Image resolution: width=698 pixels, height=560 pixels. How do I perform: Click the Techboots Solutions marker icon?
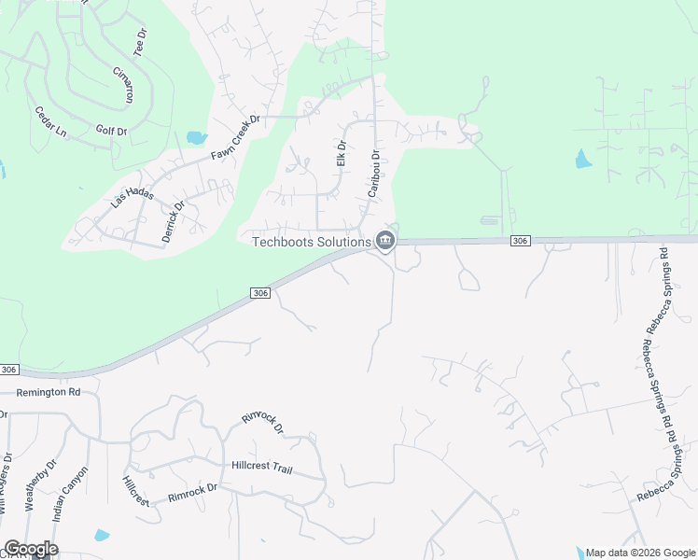[x=384, y=242]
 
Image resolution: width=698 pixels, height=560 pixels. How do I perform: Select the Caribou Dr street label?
[x=373, y=173]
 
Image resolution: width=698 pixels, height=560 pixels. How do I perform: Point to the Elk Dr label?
[x=341, y=154]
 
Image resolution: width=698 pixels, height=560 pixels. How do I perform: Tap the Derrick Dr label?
[x=174, y=220]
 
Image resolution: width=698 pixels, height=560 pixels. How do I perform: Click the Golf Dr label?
[x=111, y=131]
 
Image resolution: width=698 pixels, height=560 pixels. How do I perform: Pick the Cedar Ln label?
[x=50, y=122]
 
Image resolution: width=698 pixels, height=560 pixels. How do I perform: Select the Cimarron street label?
[x=122, y=84]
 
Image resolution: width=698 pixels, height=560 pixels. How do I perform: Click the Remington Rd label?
[x=49, y=392]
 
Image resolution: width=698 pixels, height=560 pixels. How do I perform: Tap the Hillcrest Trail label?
[x=269, y=465]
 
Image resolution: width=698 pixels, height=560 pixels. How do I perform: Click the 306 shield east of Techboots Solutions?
[x=521, y=241]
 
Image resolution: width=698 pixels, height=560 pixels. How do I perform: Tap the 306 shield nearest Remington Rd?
[x=8, y=370]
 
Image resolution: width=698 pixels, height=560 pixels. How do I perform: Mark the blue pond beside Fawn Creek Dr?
[x=196, y=137]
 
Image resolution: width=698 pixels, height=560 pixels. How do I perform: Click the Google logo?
[x=31, y=549]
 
